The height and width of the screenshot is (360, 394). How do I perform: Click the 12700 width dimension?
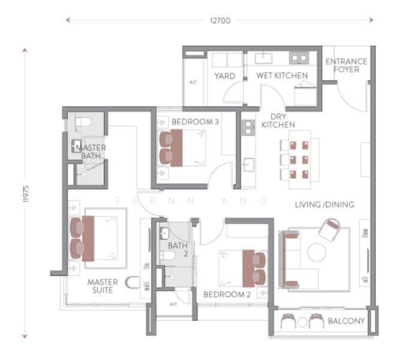220,20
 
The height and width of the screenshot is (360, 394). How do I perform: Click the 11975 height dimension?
26,194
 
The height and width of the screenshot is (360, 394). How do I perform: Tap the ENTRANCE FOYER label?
346,65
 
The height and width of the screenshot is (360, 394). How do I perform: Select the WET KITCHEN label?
282,76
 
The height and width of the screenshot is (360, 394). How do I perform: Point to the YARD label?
225,76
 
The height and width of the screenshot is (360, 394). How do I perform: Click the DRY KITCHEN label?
278,121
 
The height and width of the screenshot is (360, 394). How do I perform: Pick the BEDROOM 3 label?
196,122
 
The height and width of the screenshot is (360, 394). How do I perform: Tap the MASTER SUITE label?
103,286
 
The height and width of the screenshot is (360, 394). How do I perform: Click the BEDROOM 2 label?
227,295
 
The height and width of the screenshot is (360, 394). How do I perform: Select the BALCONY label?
346,321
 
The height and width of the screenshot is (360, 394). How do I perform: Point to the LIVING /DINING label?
324,205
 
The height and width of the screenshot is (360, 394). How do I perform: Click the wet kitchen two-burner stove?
299,58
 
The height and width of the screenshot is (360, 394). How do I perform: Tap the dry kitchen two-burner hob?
248,128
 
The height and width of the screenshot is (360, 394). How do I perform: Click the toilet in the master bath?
83,122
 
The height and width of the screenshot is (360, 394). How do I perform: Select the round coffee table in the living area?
317,252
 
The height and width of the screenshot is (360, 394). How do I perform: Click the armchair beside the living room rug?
330,230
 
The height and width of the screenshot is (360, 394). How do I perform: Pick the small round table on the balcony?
302,322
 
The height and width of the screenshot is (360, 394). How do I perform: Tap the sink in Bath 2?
164,233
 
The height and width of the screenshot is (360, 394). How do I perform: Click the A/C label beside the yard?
193,82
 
